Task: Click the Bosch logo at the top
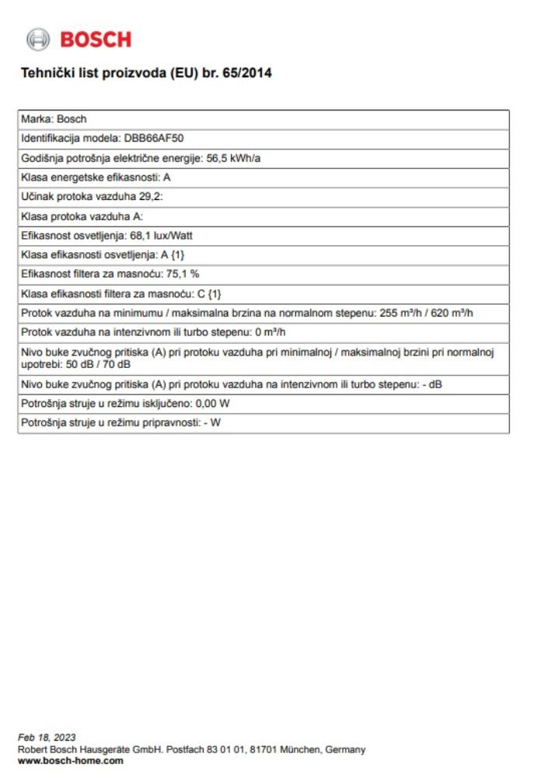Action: [79, 39]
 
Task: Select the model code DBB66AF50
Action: [154, 138]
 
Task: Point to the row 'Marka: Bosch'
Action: [54, 120]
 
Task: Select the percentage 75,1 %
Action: [183, 275]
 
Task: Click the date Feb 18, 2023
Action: [47, 737]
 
